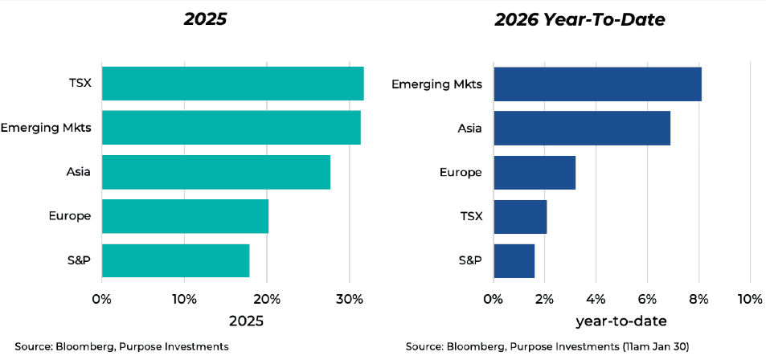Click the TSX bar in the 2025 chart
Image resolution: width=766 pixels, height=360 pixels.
click(x=232, y=84)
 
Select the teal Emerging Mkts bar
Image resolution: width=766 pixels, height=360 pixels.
click(x=231, y=127)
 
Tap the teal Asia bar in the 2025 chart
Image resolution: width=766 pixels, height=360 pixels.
click(x=215, y=172)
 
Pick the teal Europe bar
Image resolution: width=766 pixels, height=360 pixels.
click(x=185, y=216)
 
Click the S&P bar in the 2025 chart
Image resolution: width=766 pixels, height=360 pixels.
click(x=175, y=260)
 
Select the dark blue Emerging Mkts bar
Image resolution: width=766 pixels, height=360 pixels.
click(x=597, y=84)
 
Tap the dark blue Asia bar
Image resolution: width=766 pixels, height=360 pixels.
click(x=581, y=128)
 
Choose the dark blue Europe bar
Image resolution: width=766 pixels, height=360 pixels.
click(x=534, y=172)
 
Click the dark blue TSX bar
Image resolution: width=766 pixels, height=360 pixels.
click(x=520, y=216)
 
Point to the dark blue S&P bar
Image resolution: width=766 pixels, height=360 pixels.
click(x=514, y=260)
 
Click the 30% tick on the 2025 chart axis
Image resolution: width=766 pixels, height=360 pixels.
click(x=349, y=300)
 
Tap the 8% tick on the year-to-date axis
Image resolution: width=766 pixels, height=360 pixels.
click(x=698, y=300)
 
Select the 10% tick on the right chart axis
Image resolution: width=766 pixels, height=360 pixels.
click(x=749, y=300)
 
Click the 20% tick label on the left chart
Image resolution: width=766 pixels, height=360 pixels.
click(x=267, y=300)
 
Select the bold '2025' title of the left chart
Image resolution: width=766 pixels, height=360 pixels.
click(x=205, y=19)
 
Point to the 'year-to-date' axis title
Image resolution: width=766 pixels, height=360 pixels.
click(x=621, y=321)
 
